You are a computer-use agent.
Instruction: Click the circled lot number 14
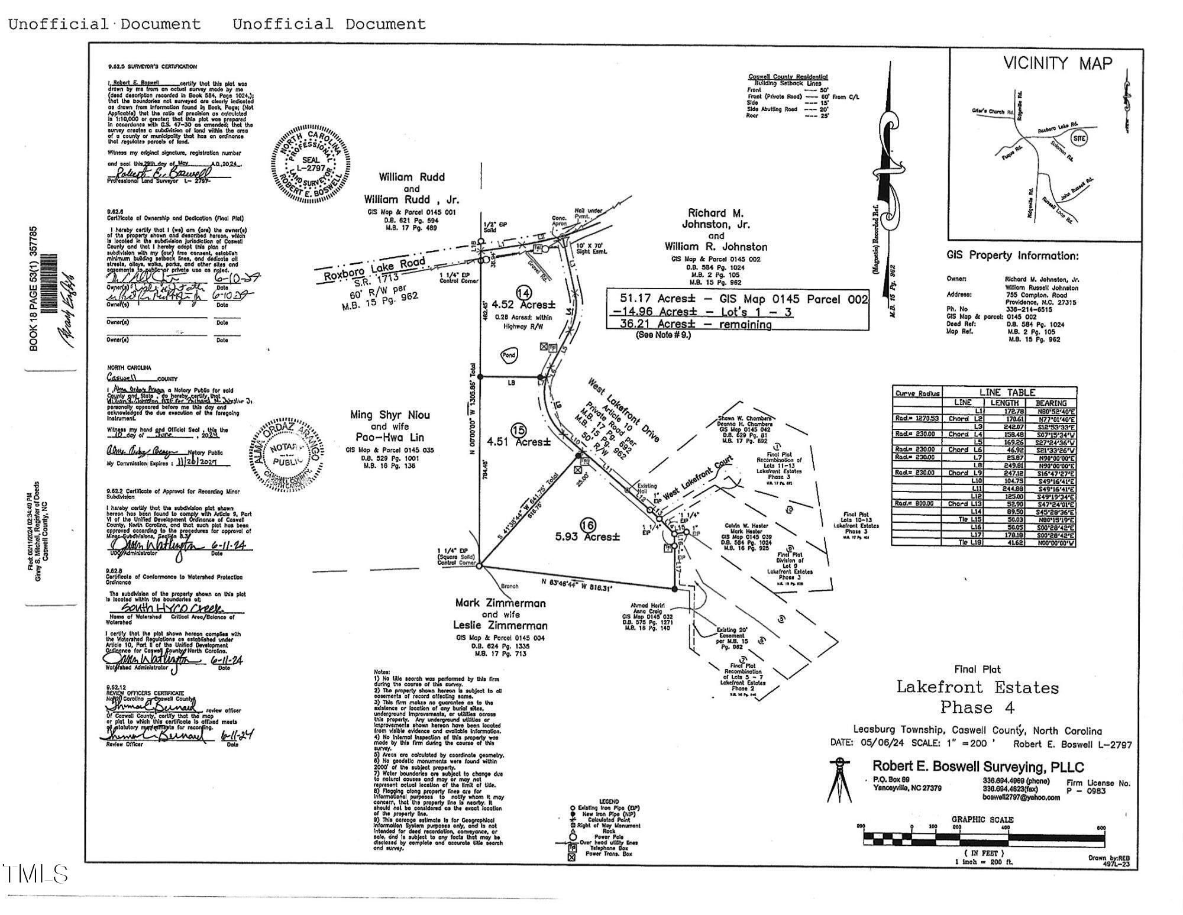[523, 293]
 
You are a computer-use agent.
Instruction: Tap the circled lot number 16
[588, 525]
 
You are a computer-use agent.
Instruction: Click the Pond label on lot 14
[509, 355]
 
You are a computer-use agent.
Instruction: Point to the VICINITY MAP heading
[1058, 63]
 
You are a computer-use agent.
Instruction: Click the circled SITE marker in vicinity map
[1079, 138]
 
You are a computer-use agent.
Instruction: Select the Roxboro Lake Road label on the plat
[374, 269]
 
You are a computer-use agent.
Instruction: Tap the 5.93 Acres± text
[587, 537]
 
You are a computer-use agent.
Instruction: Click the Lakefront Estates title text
[977, 687]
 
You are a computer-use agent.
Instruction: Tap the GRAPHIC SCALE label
[982, 820]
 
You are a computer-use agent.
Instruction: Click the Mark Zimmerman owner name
[500, 603]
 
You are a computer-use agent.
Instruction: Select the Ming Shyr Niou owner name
[390, 415]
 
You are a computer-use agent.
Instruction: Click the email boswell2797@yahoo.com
[1021, 797]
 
